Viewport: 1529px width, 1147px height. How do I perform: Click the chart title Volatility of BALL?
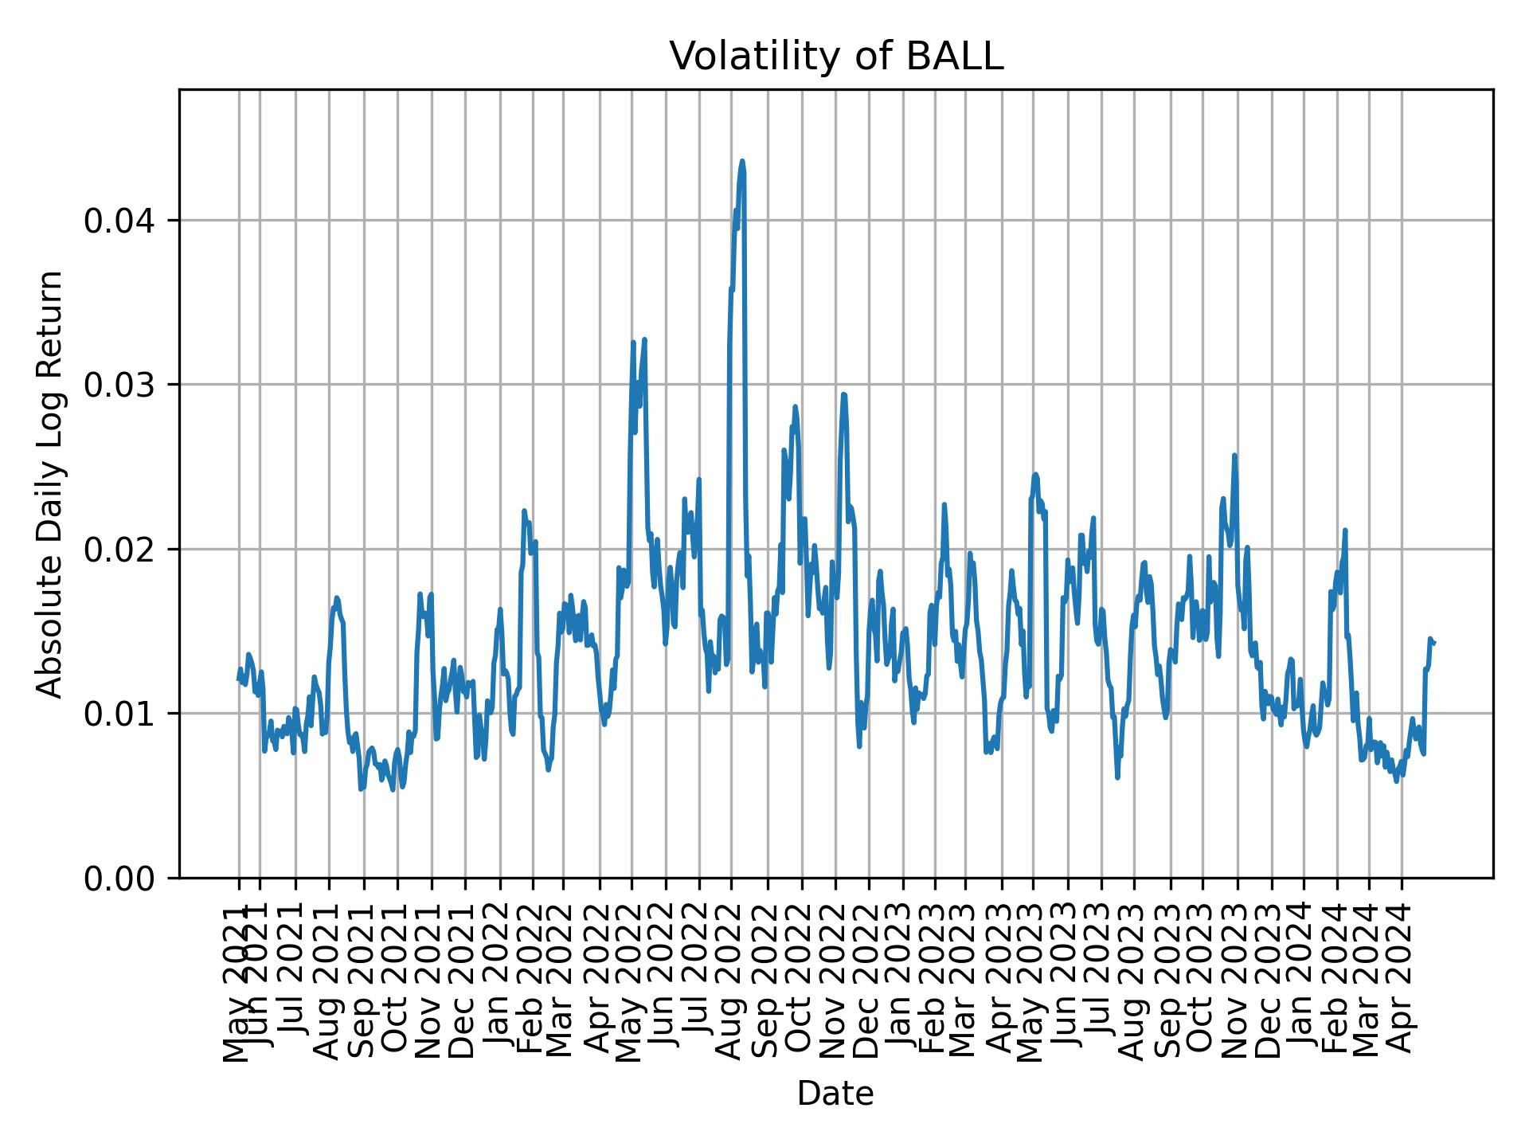(x=835, y=57)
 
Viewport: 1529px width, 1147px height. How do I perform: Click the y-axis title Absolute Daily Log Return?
(x=51, y=483)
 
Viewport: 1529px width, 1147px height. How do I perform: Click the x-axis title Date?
(x=835, y=1094)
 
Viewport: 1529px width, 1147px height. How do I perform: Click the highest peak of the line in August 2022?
(x=742, y=161)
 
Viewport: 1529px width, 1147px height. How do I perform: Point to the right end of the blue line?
(x=1434, y=642)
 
